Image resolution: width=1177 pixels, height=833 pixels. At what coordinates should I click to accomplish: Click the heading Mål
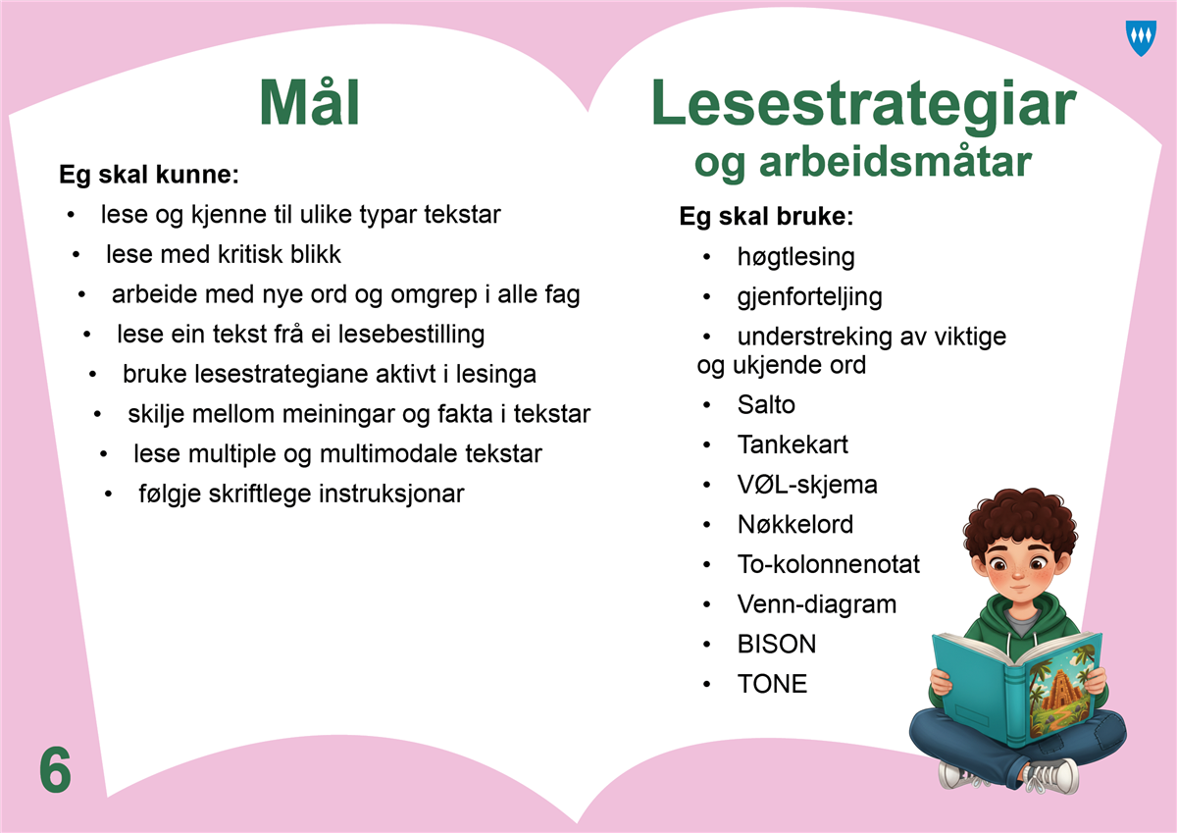pyautogui.click(x=310, y=102)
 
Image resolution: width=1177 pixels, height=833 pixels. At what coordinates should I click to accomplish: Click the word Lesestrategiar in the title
pyautogui.click(x=864, y=104)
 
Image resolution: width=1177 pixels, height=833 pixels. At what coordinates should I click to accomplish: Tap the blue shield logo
pyautogui.click(x=1142, y=38)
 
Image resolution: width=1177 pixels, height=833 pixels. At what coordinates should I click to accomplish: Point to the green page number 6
pyautogui.click(x=55, y=770)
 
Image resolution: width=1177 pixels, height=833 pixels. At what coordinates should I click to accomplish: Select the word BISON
pyautogui.click(x=777, y=644)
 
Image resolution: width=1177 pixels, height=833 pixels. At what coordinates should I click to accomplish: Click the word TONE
pyautogui.click(x=772, y=684)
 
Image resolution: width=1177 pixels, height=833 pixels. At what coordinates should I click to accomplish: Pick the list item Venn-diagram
pyautogui.click(x=816, y=604)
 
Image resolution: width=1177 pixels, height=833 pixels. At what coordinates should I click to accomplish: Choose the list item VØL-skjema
pyautogui.click(x=807, y=485)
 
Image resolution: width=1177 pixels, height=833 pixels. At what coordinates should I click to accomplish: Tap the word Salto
pyautogui.click(x=766, y=404)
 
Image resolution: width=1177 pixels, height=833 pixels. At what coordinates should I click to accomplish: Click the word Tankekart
pyautogui.click(x=793, y=444)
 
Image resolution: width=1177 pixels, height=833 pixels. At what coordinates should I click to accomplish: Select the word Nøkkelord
pyautogui.click(x=795, y=525)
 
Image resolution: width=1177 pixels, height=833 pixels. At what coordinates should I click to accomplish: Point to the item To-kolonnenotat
pyautogui.click(x=828, y=564)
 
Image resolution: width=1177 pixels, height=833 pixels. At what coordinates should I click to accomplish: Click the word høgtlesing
pyautogui.click(x=795, y=257)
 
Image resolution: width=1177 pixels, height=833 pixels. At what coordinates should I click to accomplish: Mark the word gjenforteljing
pyautogui.click(x=809, y=297)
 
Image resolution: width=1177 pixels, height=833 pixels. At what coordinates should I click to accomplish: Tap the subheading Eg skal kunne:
pyautogui.click(x=149, y=175)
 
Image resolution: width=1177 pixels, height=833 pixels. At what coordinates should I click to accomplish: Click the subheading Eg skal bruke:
pyautogui.click(x=766, y=217)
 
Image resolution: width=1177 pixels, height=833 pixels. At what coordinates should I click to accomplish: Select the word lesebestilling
pyautogui.click(x=411, y=335)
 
